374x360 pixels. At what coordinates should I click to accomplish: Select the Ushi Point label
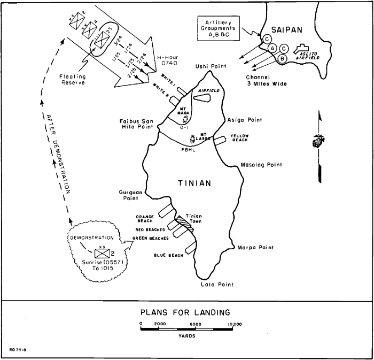tap(212, 66)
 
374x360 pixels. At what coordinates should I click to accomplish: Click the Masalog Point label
tap(260, 165)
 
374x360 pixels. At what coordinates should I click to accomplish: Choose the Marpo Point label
tap(254, 248)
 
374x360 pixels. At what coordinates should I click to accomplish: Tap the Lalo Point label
tap(217, 286)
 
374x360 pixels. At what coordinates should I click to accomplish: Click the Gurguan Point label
tap(132, 194)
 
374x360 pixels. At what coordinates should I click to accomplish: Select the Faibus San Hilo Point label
tap(136, 125)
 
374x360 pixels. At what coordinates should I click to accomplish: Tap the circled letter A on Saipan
tap(272, 48)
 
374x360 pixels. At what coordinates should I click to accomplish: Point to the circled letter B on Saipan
tap(283, 58)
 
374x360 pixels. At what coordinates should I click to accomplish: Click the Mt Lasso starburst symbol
tap(192, 140)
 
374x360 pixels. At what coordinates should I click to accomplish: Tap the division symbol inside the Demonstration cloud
tap(102, 253)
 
